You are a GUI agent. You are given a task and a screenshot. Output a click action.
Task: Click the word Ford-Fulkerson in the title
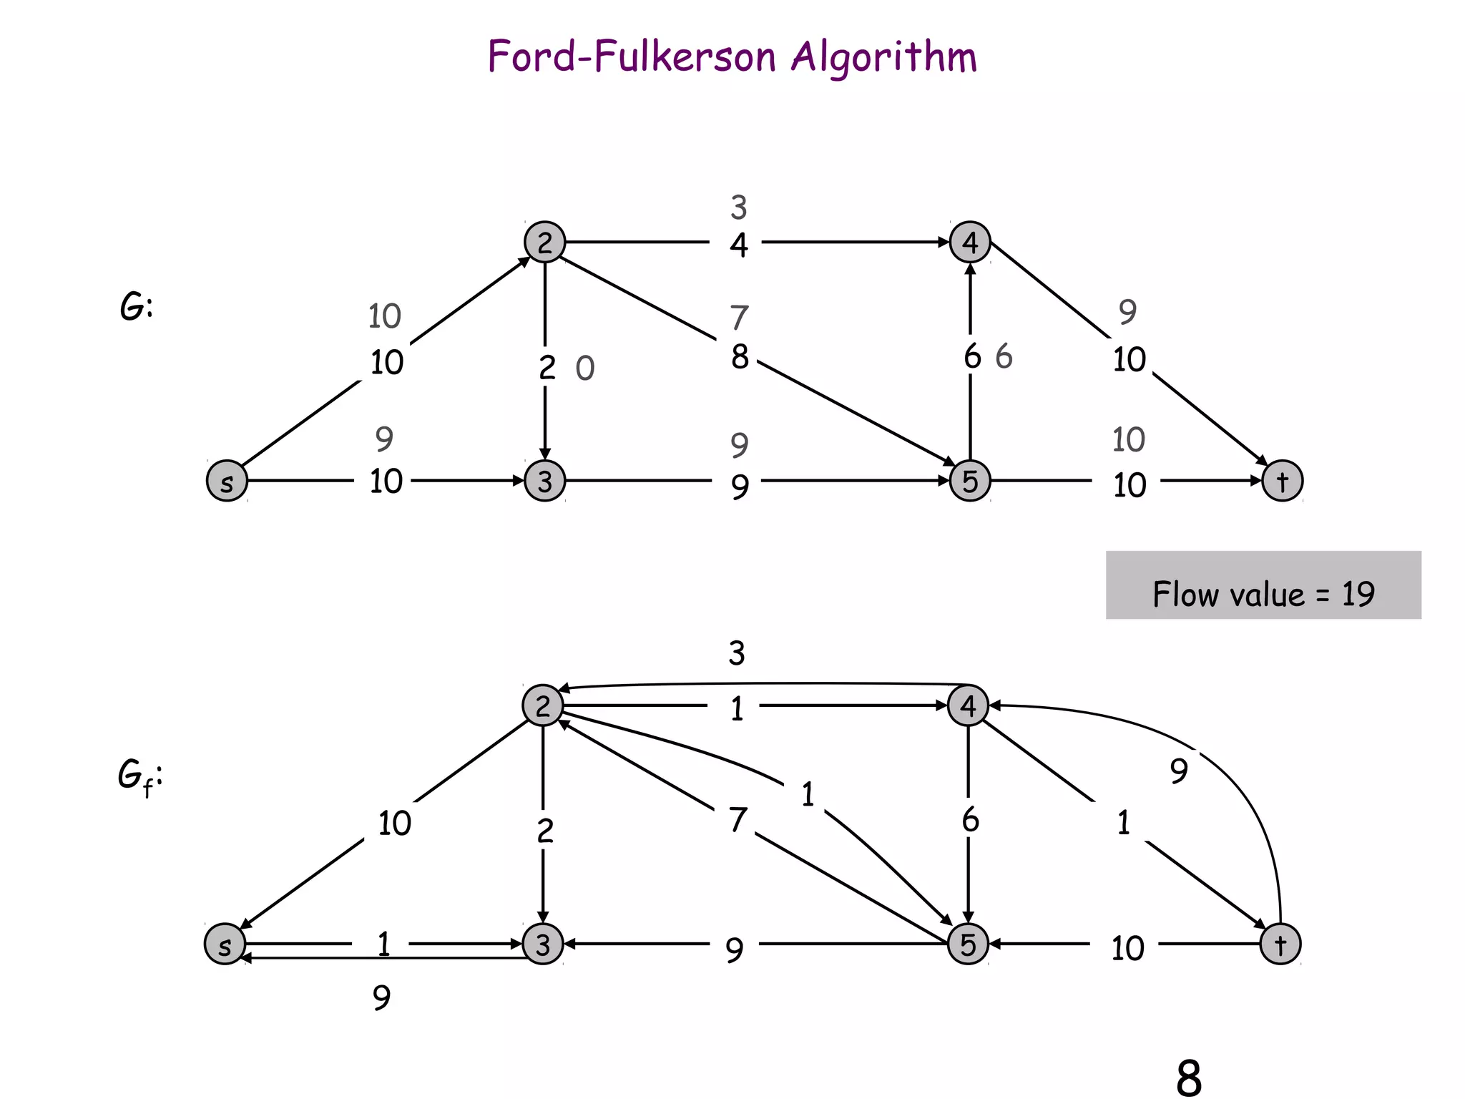click(631, 57)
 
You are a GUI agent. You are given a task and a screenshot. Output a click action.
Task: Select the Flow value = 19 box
click(1263, 585)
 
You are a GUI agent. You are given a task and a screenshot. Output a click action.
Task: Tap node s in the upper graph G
click(227, 481)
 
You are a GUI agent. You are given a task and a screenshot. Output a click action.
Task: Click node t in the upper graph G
click(1282, 481)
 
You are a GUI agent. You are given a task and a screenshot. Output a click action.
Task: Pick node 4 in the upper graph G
click(969, 242)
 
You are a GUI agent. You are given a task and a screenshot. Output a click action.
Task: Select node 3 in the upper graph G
click(544, 481)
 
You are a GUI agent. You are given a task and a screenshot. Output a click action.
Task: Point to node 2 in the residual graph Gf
click(543, 705)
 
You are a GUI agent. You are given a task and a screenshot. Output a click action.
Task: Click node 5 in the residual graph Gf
click(968, 944)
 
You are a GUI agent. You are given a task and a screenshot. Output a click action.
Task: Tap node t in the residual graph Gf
click(1280, 944)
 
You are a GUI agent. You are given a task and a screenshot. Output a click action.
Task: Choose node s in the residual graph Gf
click(225, 944)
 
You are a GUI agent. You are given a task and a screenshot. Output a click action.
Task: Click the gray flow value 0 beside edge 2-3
click(585, 368)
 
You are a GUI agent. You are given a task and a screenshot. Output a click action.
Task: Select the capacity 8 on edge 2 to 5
click(740, 356)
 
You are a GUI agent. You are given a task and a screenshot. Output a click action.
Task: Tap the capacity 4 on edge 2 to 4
click(739, 245)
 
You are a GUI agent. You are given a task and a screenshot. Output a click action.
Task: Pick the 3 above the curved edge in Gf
click(737, 653)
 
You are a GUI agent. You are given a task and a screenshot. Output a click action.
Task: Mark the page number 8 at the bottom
click(1188, 1078)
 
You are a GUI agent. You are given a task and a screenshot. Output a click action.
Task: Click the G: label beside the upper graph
click(136, 308)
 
